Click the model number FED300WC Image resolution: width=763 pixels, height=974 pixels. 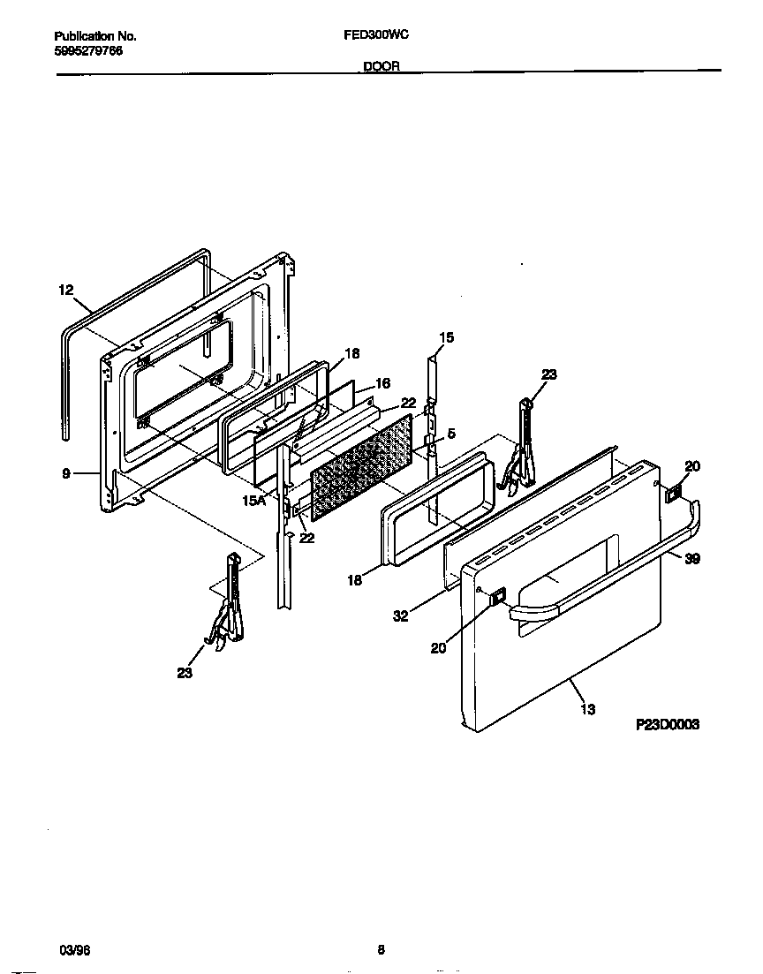pos(374,36)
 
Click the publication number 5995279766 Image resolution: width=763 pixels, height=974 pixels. pos(88,51)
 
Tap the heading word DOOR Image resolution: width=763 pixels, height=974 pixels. pos(381,66)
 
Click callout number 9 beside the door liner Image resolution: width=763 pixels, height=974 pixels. pos(66,473)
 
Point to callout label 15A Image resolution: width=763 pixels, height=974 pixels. pos(253,501)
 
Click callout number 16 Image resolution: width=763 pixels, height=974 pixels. pos(382,383)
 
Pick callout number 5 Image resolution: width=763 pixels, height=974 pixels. pos(451,434)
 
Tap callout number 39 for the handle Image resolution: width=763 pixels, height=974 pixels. pos(692,559)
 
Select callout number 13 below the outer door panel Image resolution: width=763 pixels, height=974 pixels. pos(588,709)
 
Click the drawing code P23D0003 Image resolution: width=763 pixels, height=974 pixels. pos(668,723)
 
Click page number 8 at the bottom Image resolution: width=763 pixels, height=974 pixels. pos(381,950)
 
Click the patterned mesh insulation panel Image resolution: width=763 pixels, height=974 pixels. pos(362,468)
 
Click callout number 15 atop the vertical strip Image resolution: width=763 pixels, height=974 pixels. pos(447,337)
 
